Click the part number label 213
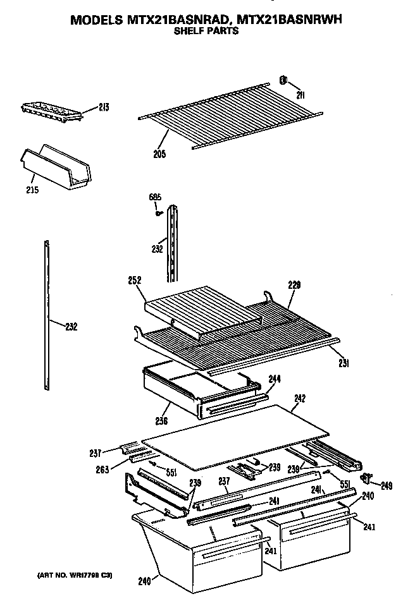pyautogui.click(x=104, y=108)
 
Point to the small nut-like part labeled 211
pyautogui.click(x=284, y=80)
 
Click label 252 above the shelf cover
pyautogui.click(x=134, y=280)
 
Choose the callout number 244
pyautogui.click(x=275, y=379)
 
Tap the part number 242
pyautogui.click(x=300, y=399)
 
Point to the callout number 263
pyautogui.click(x=100, y=468)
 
